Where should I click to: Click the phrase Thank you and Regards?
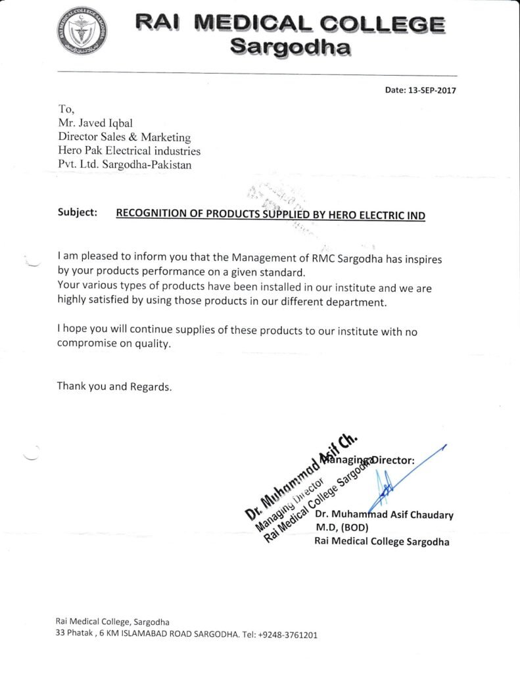114,386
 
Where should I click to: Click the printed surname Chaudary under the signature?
428,515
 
